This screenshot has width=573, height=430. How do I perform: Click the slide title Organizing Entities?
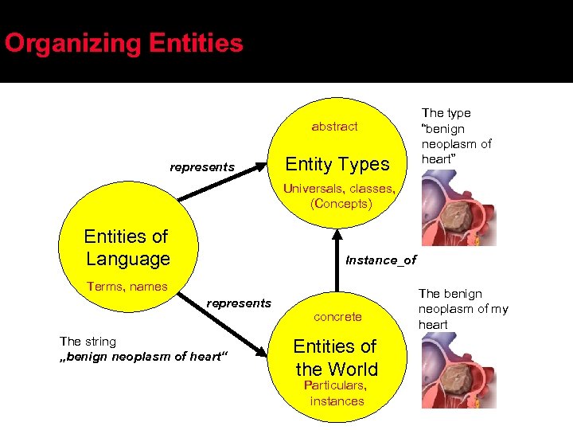point(123,43)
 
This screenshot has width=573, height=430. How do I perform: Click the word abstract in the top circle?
point(334,127)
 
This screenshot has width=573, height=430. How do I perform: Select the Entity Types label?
point(337,164)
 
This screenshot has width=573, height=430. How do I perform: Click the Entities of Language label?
point(127,248)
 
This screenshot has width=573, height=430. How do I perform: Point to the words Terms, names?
point(127,287)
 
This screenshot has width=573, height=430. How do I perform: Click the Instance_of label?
point(380,260)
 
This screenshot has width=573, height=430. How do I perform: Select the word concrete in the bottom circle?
point(337,317)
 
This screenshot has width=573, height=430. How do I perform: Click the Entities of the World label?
point(336,358)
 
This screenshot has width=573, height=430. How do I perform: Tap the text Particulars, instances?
point(337,393)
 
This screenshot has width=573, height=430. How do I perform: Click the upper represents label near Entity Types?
point(202,167)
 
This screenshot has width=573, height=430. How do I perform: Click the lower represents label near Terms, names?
point(239,303)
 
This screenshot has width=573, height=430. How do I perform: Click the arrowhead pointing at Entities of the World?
point(260,350)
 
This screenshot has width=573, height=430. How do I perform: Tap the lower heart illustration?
point(458,370)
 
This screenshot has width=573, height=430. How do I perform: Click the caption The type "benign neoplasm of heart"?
point(456,136)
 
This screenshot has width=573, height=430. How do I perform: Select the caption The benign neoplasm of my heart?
point(463,309)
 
